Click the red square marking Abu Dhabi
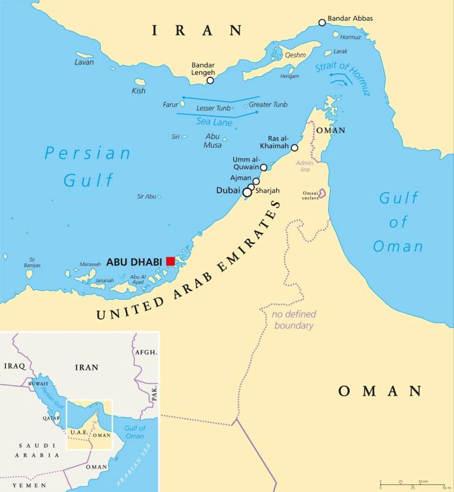pyautogui.click(x=171, y=262)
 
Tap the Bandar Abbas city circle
pyautogui.click(x=322, y=23)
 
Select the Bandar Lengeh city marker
pyautogui.click(x=210, y=80)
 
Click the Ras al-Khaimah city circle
pyautogui.click(x=294, y=147)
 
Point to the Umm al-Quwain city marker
pyautogui.click(x=264, y=167)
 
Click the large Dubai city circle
pyautogui.click(x=247, y=192)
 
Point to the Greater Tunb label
pyautogui.click(x=268, y=104)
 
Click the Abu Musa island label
pyautogui.click(x=213, y=141)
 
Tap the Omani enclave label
pyautogui.click(x=310, y=196)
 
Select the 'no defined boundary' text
pyautogui.click(x=292, y=321)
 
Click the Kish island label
pyautogui.click(x=139, y=91)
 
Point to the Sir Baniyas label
pyautogui.click(x=29, y=262)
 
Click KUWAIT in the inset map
pyautogui.click(x=38, y=383)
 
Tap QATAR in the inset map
pyautogui.click(x=50, y=417)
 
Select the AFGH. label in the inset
pyautogui.click(x=145, y=353)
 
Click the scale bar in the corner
pyautogui.click(x=412, y=485)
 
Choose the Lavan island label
pyautogui.click(x=84, y=62)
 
